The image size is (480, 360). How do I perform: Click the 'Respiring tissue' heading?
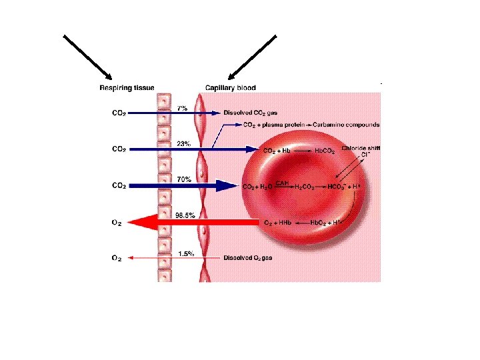point(127,87)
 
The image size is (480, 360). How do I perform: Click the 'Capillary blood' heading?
point(230,87)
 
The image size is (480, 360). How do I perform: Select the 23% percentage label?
point(184,143)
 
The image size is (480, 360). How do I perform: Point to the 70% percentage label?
point(184,179)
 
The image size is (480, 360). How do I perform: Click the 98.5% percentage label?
point(185,215)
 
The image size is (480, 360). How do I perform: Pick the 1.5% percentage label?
point(186,253)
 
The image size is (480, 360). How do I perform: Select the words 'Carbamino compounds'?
point(349,124)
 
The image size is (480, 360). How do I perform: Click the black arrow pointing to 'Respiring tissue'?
point(88,57)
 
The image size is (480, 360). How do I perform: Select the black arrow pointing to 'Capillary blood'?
point(252,57)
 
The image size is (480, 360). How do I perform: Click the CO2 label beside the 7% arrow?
point(117,113)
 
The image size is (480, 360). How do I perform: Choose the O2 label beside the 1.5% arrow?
point(116,257)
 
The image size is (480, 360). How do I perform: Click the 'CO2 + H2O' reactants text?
point(256,187)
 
